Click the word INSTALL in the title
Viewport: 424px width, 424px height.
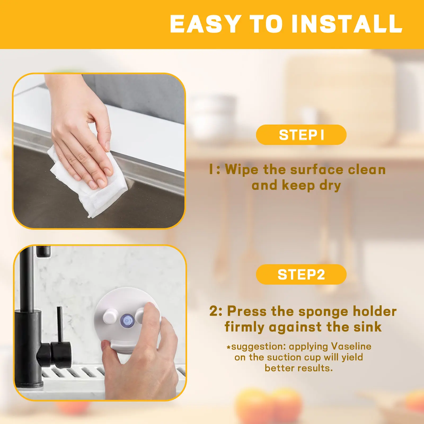coord(347,24)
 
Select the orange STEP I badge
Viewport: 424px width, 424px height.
coord(301,135)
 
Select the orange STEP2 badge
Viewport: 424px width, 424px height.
coord(301,274)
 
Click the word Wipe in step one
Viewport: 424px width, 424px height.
coord(241,170)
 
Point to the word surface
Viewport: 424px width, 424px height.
coord(317,170)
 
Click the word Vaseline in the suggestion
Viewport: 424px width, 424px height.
coord(351,346)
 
